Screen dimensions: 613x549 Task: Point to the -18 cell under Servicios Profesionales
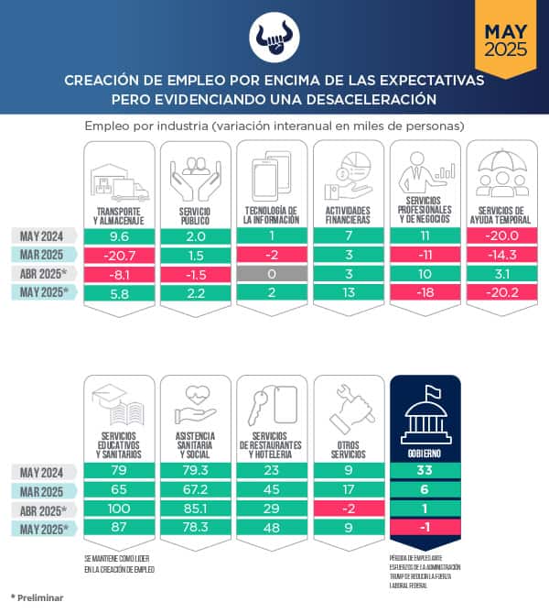pyautogui.click(x=425, y=292)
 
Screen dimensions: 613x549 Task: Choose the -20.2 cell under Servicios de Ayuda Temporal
pyautogui.click(x=501, y=292)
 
